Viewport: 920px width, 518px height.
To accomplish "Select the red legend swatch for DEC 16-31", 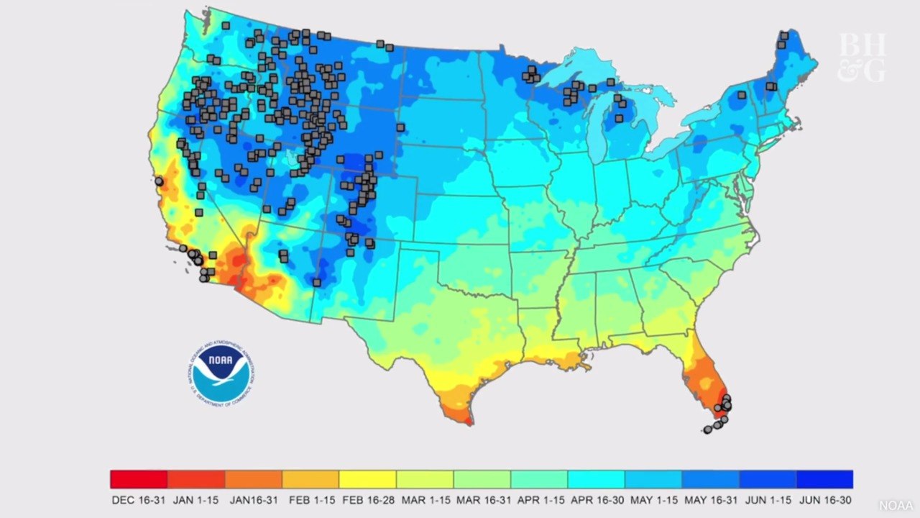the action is tap(139, 479).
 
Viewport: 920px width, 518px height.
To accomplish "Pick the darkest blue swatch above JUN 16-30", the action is tap(824, 479).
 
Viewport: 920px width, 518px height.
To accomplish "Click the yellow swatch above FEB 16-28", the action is tap(367, 479).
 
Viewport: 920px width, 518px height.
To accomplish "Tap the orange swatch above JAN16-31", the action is tap(253, 479).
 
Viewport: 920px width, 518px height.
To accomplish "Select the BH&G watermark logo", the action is tap(862, 57).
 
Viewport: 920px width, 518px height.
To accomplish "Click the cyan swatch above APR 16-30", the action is tap(596, 479).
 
